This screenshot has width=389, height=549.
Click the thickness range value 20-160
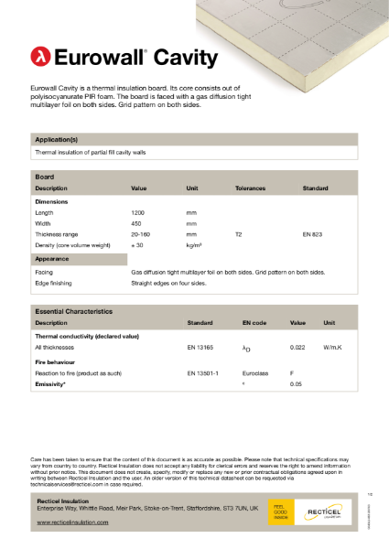pyautogui.click(x=143, y=235)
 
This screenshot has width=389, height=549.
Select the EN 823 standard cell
pyautogui.click(x=312, y=235)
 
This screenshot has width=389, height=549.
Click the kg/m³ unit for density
pyautogui.click(x=194, y=246)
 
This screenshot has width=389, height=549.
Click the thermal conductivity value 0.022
pyautogui.click(x=297, y=348)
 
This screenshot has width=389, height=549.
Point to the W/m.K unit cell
pyautogui.click(x=332, y=348)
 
